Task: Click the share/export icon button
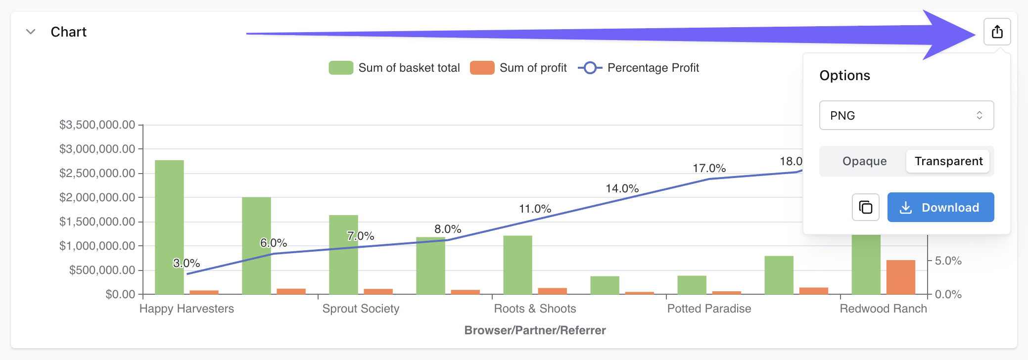click(x=997, y=32)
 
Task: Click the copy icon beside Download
click(x=865, y=207)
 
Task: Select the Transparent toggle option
click(x=948, y=161)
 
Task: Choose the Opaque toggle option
click(x=864, y=161)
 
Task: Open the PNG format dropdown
click(x=906, y=115)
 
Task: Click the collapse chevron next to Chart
click(x=31, y=32)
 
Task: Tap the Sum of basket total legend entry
click(x=394, y=68)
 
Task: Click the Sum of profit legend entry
click(x=518, y=68)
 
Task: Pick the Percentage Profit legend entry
click(x=639, y=68)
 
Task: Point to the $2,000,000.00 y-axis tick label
click(x=97, y=197)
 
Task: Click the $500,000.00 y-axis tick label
click(x=102, y=270)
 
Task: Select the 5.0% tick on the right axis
click(x=948, y=261)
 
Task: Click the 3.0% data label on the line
click(x=187, y=263)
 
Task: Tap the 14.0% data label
click(x=622, y=188)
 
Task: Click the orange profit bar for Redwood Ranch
click(x=900, y=277)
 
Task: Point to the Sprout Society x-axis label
click(x=361, y=309)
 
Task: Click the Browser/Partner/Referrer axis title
click(x=535, y=330)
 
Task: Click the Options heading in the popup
click(x=844, y=75)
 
